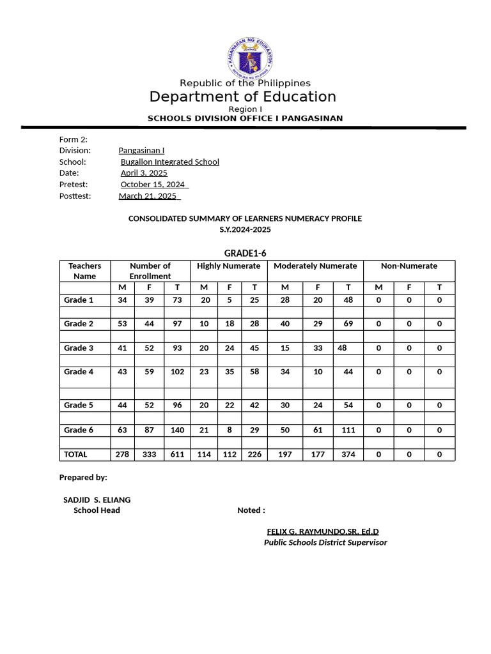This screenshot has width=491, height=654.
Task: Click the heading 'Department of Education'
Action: point(242,96)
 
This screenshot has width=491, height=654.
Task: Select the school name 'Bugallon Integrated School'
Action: point(170,162)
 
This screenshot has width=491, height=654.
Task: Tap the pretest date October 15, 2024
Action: point(153,185)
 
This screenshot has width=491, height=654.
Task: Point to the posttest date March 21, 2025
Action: point(148,196)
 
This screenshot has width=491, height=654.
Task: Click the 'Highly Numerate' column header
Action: point(229,266)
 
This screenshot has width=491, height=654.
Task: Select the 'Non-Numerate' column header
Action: point(409,266)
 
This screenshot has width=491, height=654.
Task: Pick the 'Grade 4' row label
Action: point(79,372)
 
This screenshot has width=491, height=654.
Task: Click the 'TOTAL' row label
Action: point(76,454)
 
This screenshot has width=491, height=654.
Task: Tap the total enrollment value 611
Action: point(177,454)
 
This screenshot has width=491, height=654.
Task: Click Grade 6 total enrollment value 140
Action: point(177,430)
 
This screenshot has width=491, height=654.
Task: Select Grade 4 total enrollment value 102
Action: point(177,372)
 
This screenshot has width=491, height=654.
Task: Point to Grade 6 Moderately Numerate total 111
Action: point(348,430)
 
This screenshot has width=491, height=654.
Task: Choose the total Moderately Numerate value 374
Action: point(348,454)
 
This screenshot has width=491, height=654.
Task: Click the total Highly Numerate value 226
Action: point(254,454)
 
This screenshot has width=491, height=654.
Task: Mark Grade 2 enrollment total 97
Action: point(177,324)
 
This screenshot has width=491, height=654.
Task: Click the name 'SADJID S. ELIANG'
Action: point(97,499)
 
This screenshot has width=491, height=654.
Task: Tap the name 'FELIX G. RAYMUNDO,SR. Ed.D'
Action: point(323,531)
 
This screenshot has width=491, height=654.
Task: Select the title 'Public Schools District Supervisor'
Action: point(325,542)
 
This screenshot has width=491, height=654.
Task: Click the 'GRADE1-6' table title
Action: point(245,253)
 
